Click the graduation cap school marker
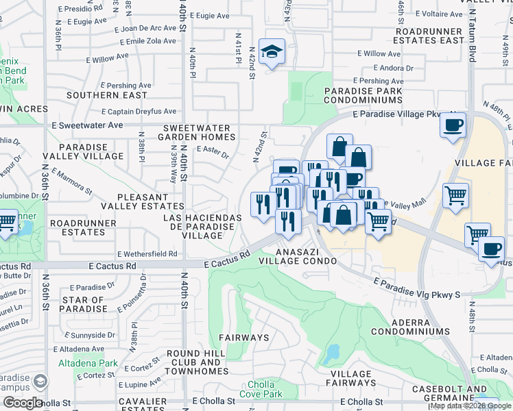click(272, 52)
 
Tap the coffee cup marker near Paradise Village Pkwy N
click(453, 125)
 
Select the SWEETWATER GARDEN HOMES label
click(199, 132)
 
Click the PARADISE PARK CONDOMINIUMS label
click(363, 95)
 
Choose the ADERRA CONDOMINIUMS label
click(411, 326)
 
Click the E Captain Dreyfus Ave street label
click(139, 112)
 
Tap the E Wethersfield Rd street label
click(147, 253)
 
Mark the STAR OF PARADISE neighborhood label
click(83, 304)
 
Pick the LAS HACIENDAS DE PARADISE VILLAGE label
click(202, 226)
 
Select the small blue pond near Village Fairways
click(333, 353)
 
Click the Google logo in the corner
click(23, 403)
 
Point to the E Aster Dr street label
click(213, 151)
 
